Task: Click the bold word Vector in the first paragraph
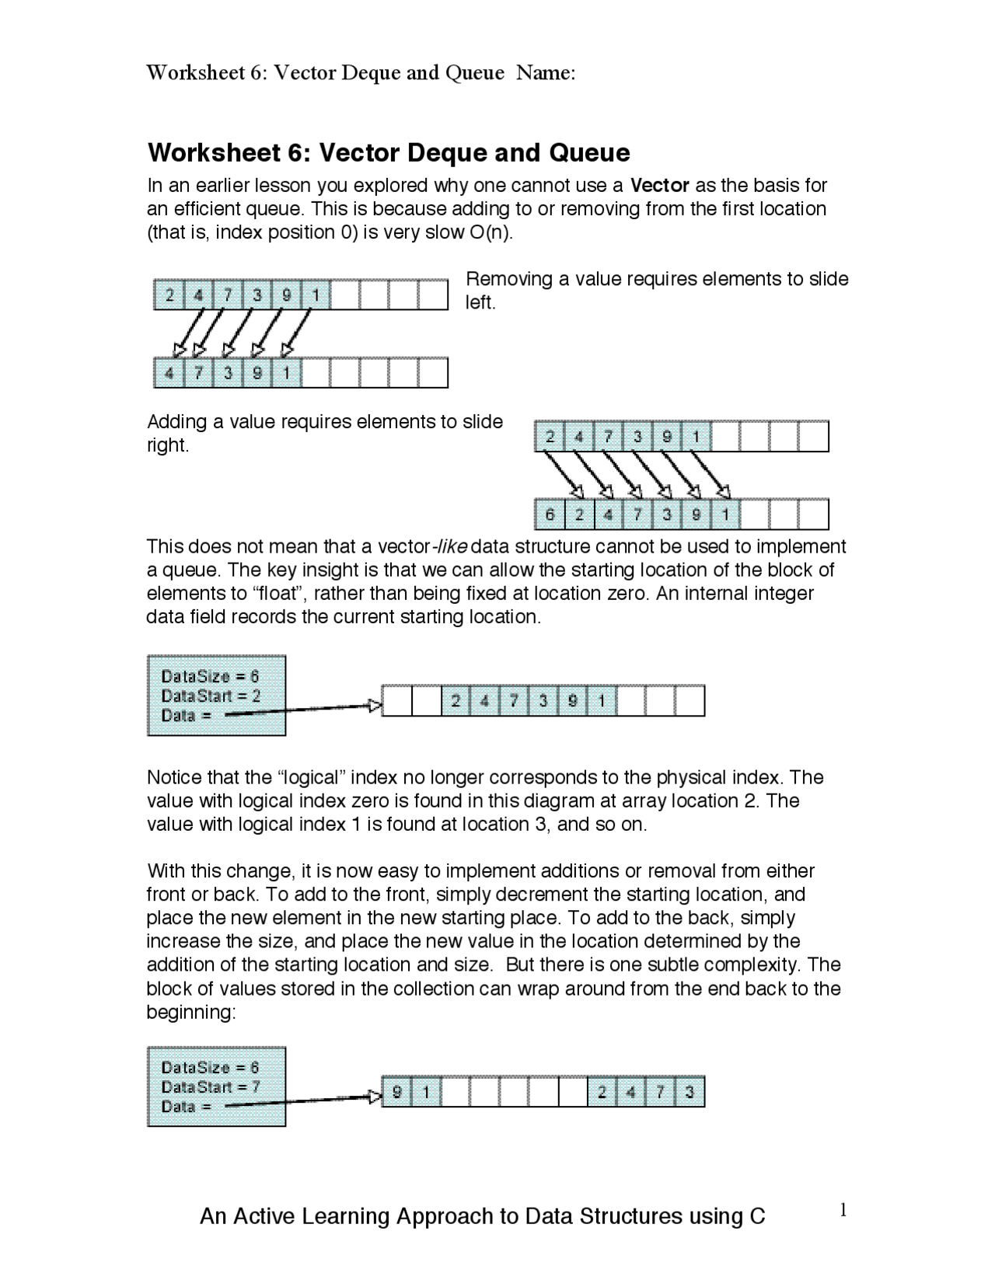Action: tap(659, 186)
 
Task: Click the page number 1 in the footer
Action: tap(843, 1210)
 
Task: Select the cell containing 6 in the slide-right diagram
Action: tap(550, 514)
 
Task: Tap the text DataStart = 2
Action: tap(211, 696)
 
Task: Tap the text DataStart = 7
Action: tap(211, 1086)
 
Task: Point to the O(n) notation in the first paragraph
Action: tap(491, 233)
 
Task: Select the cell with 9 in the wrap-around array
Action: tap(397, 1093)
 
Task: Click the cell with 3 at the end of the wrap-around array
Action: tap(690, 1093)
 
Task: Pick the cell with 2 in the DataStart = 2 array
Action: tap(456, 701)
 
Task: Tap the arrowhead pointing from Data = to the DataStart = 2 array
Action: tap(375, 706)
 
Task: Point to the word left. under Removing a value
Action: tap(480, 303)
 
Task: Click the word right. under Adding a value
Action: tap(168, 446)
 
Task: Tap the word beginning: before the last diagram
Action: tap(190, 1013)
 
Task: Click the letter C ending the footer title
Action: tap(757, 1216)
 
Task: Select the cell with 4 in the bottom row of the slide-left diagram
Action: tap(169, 373)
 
